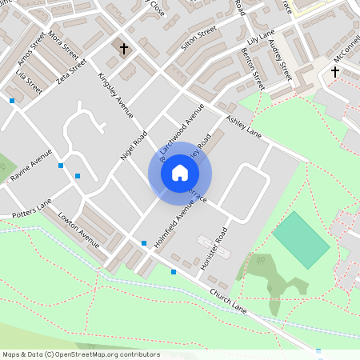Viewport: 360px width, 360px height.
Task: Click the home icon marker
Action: point(180,173)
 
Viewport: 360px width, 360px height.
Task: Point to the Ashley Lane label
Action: point(243,126)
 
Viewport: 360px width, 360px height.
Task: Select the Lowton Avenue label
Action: point(78,229)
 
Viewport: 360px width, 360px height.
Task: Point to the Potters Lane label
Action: point(32,206)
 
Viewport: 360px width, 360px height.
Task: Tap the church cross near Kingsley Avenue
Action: point(124,49)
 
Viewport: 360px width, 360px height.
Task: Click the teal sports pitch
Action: point(301,239)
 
